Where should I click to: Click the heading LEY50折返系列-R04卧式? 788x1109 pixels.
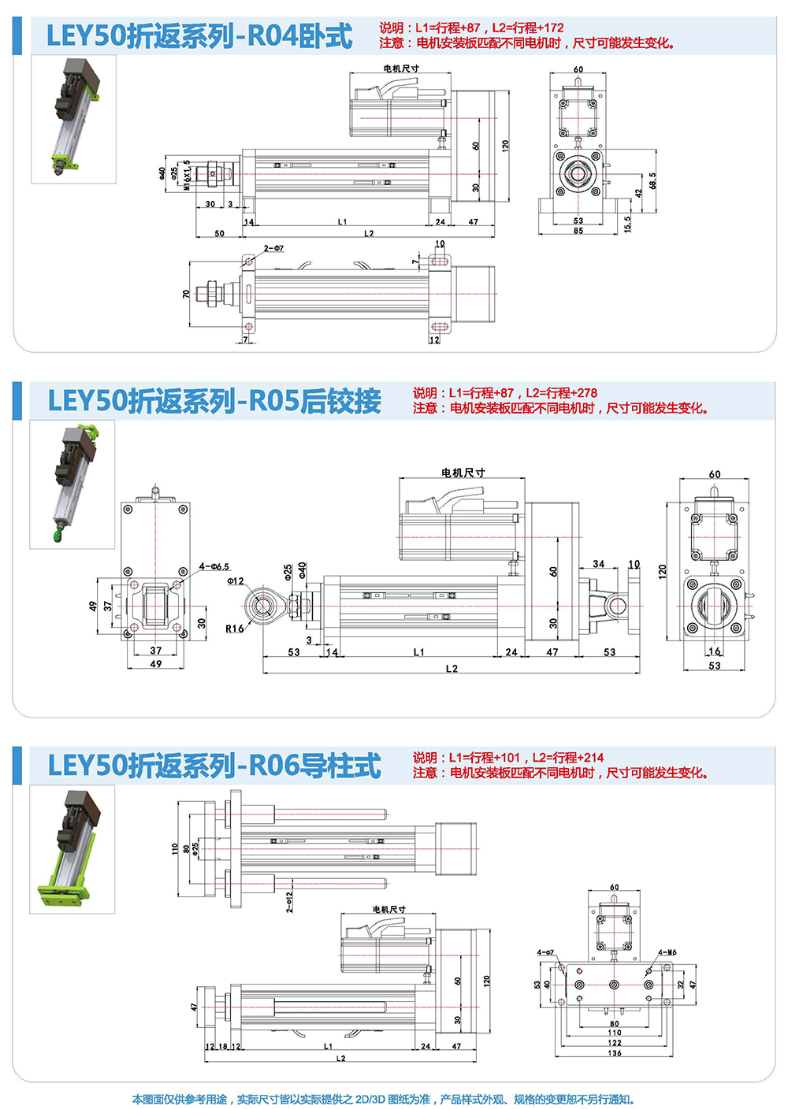point(199,36)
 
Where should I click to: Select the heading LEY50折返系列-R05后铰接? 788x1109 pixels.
point(214,401)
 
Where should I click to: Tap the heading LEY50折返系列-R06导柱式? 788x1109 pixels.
point(214,766)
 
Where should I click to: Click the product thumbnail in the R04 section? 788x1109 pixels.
point(73,119)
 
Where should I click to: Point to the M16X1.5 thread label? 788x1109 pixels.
point(187,176)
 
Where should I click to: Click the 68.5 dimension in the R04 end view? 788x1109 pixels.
point(652,181)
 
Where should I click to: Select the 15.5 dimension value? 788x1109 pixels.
point(627,224)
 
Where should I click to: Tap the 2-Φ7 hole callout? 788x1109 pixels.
point(274,248)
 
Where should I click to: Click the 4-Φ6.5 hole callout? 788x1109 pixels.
point(214,566)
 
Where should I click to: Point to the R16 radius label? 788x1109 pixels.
point(234,629)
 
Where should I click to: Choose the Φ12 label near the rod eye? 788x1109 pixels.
point(236,581)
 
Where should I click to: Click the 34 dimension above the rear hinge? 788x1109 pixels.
point(599,564)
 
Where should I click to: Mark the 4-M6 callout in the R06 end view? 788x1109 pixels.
point(667,952)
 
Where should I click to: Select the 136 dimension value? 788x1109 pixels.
point(615,1052)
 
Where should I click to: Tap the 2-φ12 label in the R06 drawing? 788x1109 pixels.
point(290,901)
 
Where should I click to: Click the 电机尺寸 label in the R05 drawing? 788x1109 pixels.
point(463,473)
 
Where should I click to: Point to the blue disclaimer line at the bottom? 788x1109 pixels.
point(383,1100)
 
